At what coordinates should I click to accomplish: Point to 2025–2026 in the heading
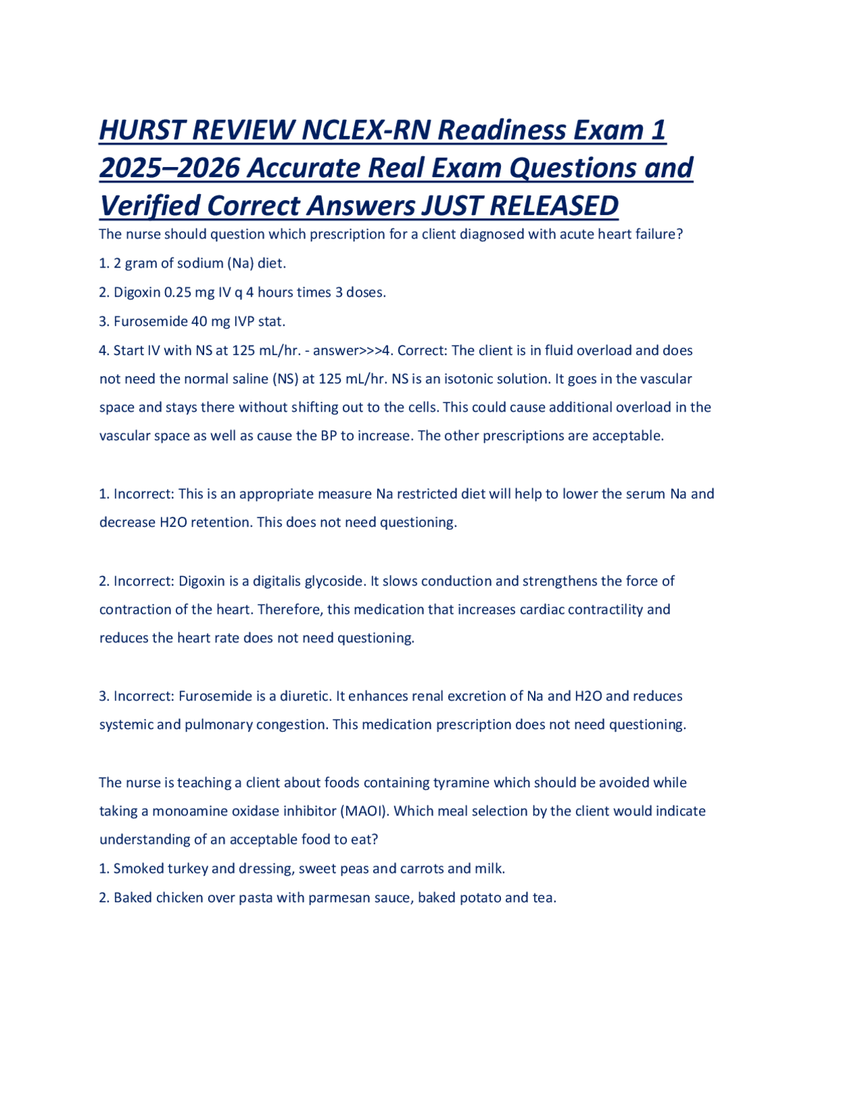[170, 168]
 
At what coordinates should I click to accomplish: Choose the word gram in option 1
[141, 263]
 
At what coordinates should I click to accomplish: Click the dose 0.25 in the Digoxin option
[178, 292]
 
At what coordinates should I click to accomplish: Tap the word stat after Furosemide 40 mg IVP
[271, 321]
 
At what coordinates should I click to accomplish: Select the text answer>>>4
[352, 350]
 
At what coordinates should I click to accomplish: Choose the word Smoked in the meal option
[138, 869]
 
